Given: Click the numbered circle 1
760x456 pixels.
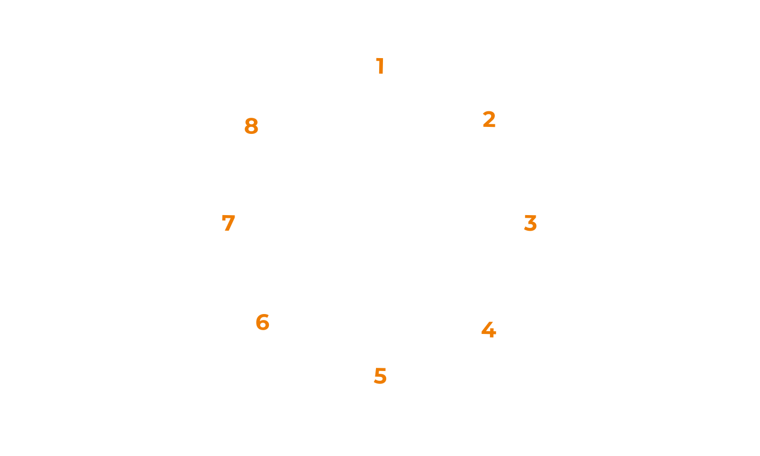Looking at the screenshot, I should [x=380, y=66].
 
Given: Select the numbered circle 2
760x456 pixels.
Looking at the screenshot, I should [x=488, y=119].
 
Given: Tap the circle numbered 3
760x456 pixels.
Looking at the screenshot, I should [x=530, y=223].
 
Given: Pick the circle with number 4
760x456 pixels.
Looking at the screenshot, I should [x=488, y=330].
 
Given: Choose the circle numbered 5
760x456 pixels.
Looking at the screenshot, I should [x=380, y=376].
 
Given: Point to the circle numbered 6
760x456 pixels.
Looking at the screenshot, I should [x=262, y=323].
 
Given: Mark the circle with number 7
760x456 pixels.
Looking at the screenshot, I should [x=229, y=223].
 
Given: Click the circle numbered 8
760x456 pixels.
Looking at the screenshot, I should [x=252, y=126].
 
